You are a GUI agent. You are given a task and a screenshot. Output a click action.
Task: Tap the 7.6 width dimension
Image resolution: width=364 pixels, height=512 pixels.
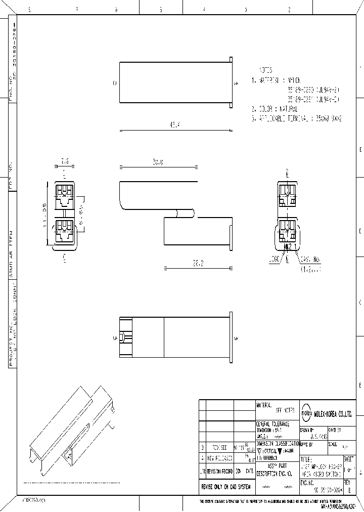65,161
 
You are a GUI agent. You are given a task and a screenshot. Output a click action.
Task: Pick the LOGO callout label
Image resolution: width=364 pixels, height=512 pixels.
274,259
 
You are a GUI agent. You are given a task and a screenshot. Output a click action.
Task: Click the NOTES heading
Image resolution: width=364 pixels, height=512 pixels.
266,70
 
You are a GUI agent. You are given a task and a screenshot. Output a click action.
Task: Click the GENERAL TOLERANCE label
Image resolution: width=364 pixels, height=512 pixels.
273,423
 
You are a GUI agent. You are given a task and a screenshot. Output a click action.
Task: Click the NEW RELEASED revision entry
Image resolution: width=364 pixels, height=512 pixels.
219,458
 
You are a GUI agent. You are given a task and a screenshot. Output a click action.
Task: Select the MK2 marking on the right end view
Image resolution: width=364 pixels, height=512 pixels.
288,247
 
